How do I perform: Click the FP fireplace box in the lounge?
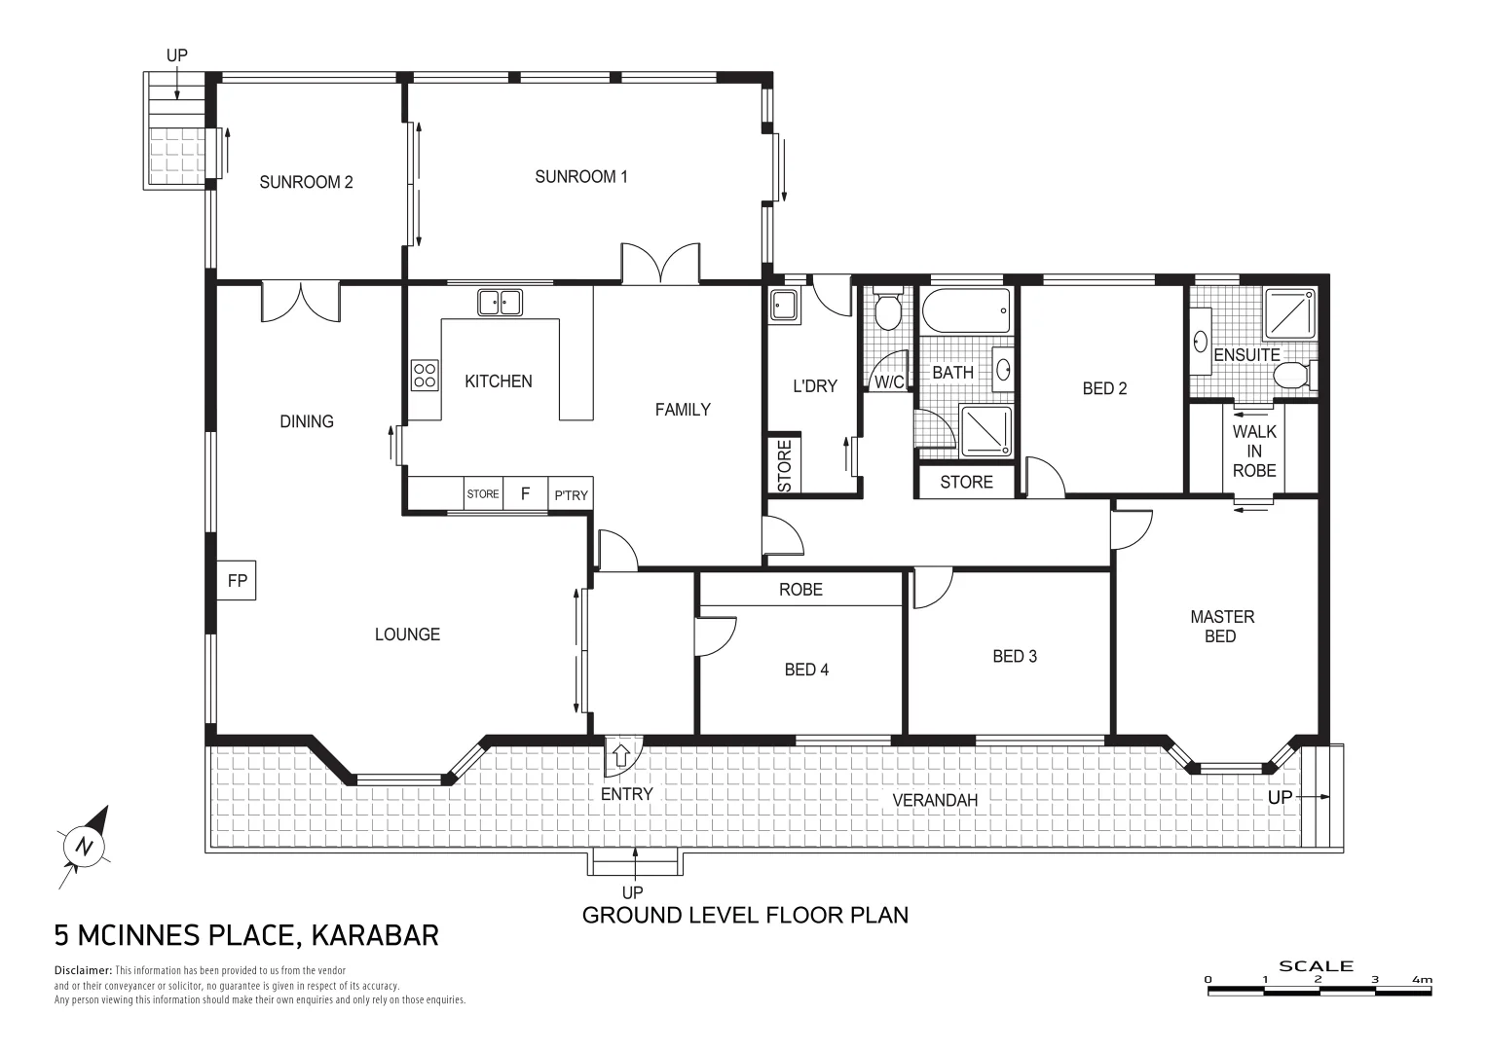tap(237, 581)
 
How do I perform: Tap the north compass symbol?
tap(85, 846)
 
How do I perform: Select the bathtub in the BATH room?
tap(967, 310)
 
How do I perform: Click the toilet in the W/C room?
tap(887, 311)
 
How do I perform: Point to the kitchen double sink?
tap(501, 302)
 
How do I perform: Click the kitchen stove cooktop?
tap(425, 375)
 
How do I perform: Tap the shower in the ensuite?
tap(1290, 312)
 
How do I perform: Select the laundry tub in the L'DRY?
tap(784, 307)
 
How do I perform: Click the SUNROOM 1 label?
tap(581, 176)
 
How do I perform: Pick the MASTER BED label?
tap(1221, 626)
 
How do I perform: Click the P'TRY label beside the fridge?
tap(572, 495)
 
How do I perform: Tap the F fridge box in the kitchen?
tap(525, 494)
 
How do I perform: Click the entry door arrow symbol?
tap(621, 752)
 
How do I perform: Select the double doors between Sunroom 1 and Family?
tap(660, 264)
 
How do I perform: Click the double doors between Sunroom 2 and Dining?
tap(300, 302)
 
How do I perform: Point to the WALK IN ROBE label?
tap(1253, 451)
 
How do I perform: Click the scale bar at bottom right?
tap(1319, 991)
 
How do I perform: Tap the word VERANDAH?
tap(935, 800)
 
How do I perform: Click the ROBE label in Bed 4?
tap(800, 589)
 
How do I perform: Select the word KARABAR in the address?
tap(375, 935)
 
